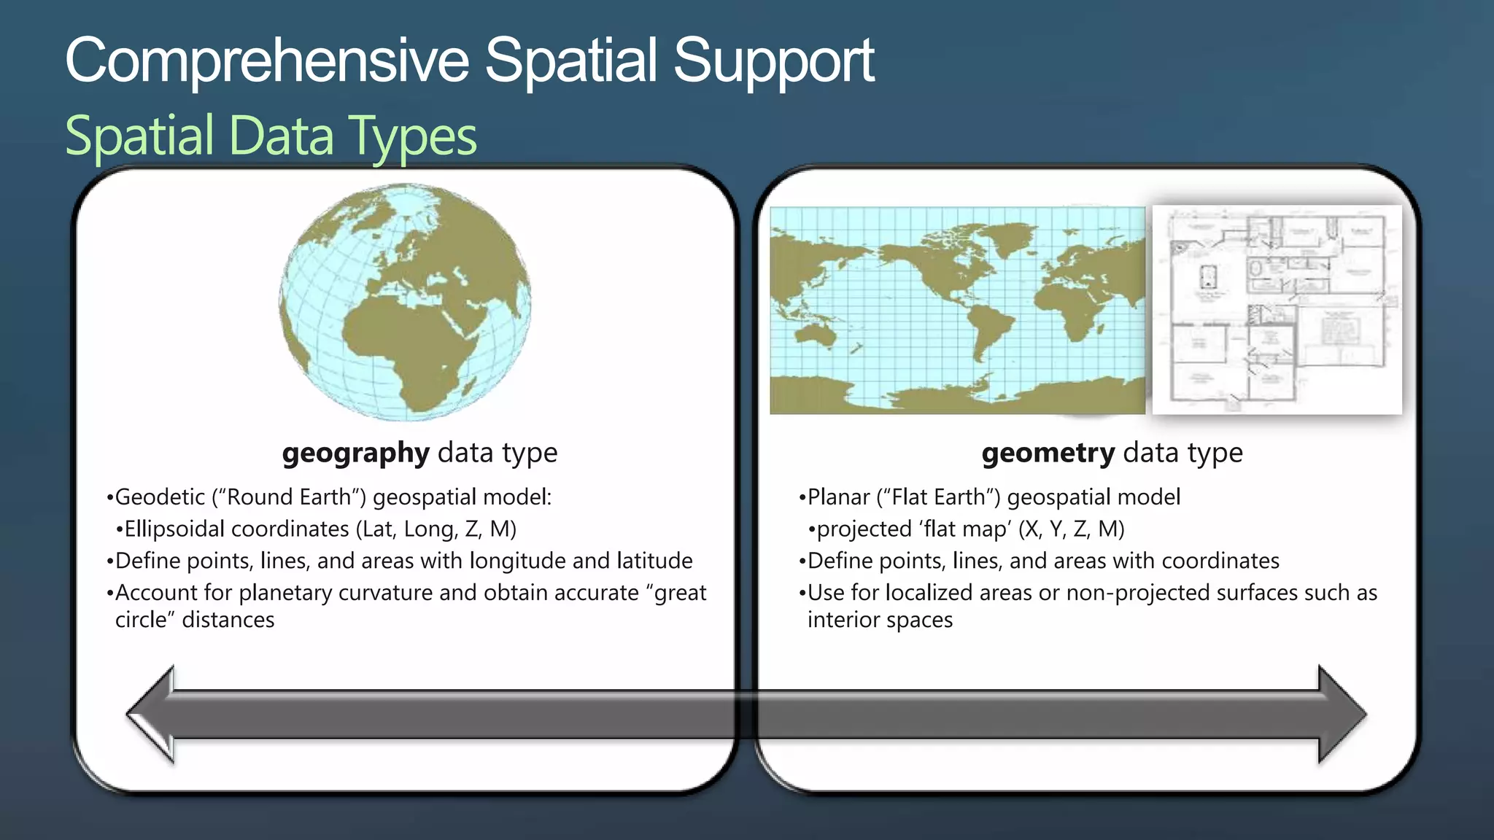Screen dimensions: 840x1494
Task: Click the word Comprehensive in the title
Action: (x=267, y=61)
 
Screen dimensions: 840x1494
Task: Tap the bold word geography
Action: (x=355, y=454)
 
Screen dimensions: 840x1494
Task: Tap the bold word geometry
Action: (x=1048, y=454)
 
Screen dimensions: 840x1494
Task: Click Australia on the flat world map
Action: (x=816, y=336)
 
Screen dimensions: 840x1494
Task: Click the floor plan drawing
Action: (x=1277, y=310)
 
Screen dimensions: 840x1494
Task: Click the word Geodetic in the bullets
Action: (x=160, y=497)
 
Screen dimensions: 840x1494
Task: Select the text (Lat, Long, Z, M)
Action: (x=436, y=529)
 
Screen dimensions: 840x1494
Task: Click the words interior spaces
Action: (x=880, y=621)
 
